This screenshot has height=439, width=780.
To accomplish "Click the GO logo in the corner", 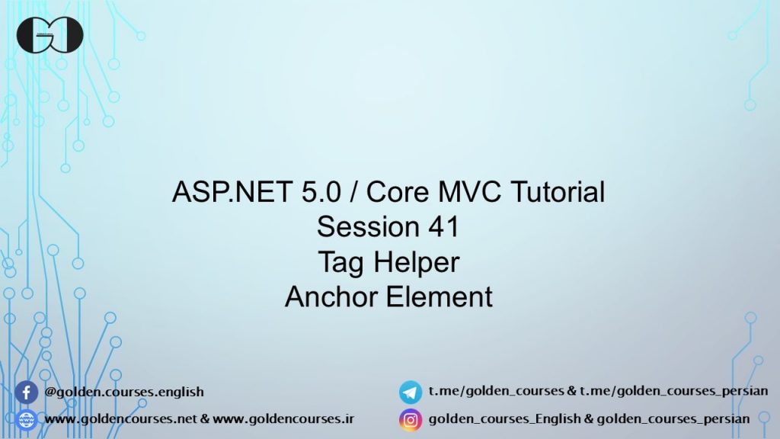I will pos(50,34).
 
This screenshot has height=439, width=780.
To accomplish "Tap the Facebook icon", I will pos(26,393).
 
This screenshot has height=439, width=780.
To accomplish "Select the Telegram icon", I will pos(411,393).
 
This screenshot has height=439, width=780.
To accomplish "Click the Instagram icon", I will pos(411,419).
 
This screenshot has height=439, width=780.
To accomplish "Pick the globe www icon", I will pos(26,419).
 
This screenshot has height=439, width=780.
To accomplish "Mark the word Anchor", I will pos(331,296).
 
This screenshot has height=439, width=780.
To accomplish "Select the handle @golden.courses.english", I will pos(124,393).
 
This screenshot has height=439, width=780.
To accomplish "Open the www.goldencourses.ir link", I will pos(283,419).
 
